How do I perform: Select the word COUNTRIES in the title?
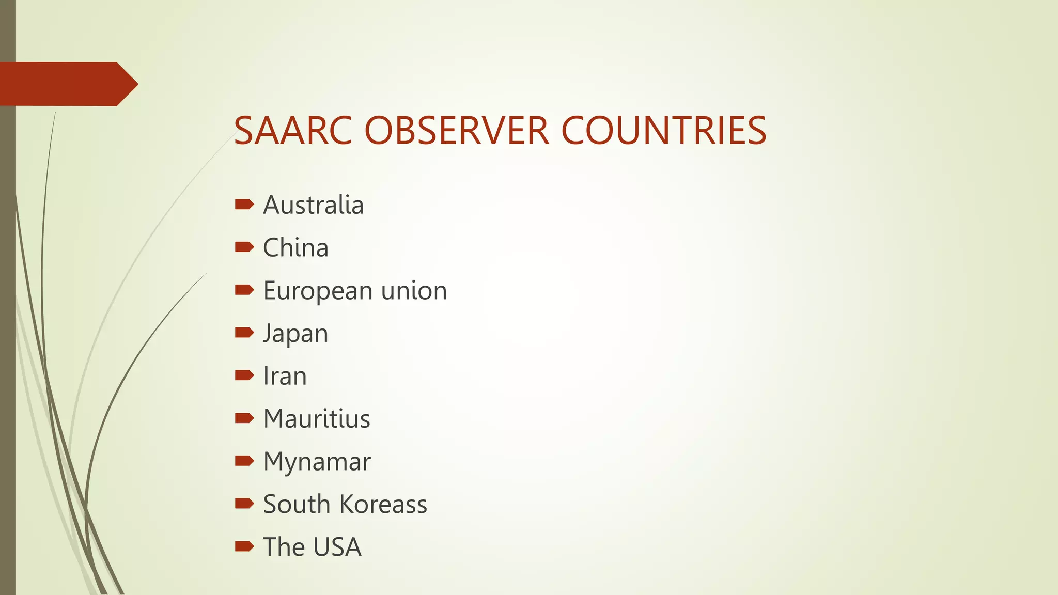(x=663, y=131)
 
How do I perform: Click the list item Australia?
(x=313, y=205)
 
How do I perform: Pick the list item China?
(x=295, y=248)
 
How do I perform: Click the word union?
(x=414, y=291)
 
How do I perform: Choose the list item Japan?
(x=295, y=334)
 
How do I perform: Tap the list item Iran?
(x=285, y=376)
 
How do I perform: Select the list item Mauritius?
(x=316, y=419)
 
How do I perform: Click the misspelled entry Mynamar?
(x=317, y=462)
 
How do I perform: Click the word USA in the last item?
(x=337, y=547)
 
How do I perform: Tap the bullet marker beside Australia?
(x=244, y=205)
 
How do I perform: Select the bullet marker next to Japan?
(x=244, y=332)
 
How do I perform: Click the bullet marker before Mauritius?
(x=244, y=418)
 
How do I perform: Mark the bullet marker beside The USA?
(x=244, y=546)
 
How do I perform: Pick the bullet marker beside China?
(x=244, y=247)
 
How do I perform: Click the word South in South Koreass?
(x=296, y=504)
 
